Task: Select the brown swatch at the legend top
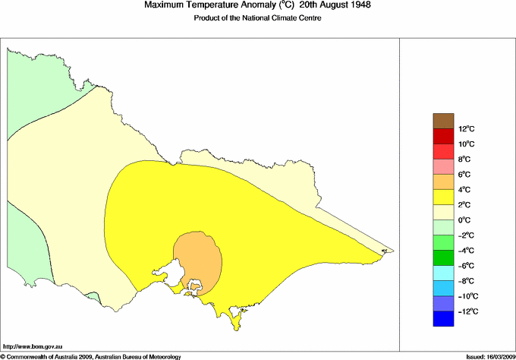click(x=444, y=120)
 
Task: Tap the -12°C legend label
click(x=466, y=311)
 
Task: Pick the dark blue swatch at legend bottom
click(x=444, y=319)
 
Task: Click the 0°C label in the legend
click(x=464, y=220)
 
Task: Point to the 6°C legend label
click(x=464, y=174)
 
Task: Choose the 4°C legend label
click(x=464, y=190)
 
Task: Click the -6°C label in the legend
click(x=466, y=266)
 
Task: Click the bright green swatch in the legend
click(x=444, y=242)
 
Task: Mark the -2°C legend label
click(x=466, y=235)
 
